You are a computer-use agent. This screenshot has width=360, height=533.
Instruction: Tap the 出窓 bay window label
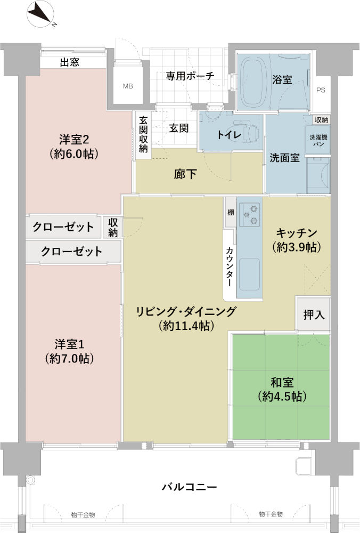click(69, 62)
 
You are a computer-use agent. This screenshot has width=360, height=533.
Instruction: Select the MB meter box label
click(128, 86)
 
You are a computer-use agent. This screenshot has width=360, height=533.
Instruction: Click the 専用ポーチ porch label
click(190, 76)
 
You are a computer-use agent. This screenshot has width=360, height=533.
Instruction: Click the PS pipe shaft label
click(320, 91)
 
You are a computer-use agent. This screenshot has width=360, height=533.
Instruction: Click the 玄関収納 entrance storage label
click(143, 134)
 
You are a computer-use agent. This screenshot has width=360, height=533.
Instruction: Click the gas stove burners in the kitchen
click(249, 214)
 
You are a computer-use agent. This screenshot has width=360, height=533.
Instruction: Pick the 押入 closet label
click(314, 314)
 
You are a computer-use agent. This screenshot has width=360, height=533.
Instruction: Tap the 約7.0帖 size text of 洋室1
click(70, 359)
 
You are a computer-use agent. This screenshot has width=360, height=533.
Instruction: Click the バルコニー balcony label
click(190, 487)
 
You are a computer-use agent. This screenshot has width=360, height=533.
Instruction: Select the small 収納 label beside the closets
click(113, 227)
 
